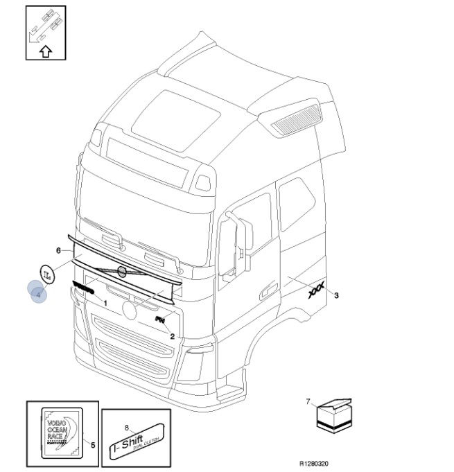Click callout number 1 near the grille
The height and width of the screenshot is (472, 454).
(105, 303)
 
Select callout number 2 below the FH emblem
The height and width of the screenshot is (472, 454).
(172, 335)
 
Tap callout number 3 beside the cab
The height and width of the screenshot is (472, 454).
(336, 296)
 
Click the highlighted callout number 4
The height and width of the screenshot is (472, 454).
(37, 294)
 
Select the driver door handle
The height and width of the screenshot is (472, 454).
(265, 292)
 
